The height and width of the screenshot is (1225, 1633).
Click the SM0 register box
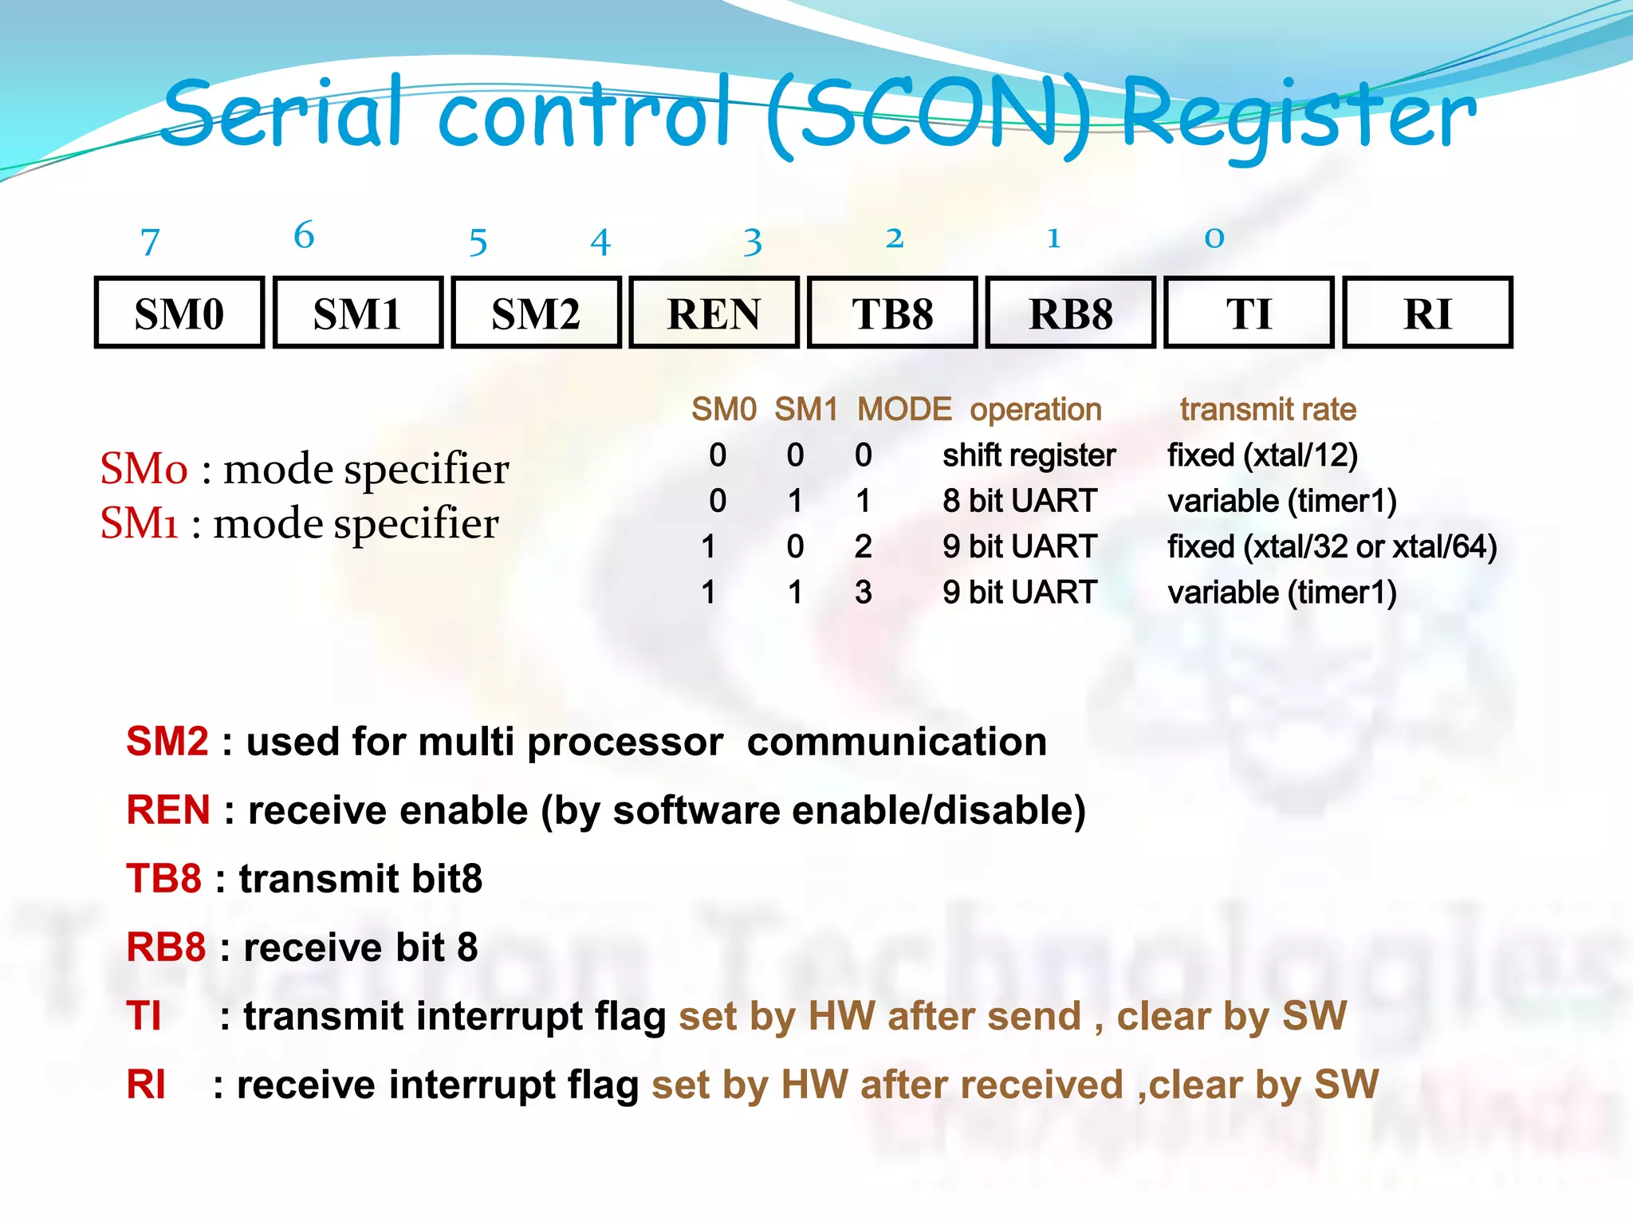179,313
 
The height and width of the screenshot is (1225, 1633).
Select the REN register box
714,313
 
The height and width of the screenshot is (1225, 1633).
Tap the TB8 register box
892,313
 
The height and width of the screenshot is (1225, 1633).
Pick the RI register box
1427,313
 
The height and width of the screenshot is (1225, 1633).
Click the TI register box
1249,313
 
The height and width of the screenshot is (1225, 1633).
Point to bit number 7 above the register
150,242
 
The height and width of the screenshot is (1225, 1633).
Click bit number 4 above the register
600,242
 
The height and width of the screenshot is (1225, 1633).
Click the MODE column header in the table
903,410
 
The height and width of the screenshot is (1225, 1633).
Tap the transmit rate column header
1268,410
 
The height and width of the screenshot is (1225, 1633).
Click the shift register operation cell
1029,455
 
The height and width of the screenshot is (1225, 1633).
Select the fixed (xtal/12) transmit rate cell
1262,455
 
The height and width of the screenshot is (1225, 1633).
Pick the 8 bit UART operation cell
1020,501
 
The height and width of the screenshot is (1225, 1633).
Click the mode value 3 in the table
863,593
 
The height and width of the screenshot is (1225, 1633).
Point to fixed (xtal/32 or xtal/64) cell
1332,547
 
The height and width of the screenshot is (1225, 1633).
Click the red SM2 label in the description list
167,742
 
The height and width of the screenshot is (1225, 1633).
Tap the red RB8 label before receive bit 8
166,947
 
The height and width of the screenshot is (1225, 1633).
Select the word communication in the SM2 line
896,742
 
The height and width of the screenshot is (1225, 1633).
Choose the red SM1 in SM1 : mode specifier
139,524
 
